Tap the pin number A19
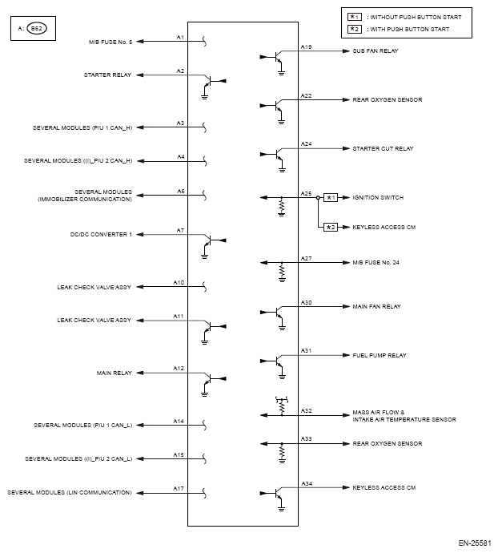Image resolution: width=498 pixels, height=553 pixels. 306,47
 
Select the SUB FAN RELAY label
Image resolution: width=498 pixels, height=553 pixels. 376,51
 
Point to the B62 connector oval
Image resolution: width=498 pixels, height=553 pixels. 36,29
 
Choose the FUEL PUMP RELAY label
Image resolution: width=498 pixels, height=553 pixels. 379,354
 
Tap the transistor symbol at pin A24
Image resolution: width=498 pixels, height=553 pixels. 276,155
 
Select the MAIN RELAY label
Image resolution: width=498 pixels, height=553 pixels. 115,373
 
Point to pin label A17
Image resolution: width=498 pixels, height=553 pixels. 179,486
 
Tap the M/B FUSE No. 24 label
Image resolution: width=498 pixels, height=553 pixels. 376,262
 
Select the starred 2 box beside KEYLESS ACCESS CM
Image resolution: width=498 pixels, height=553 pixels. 331,228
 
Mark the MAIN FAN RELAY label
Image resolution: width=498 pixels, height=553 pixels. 376,307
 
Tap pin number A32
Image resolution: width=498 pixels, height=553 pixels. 306,411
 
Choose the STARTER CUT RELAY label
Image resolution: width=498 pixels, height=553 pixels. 383,148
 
